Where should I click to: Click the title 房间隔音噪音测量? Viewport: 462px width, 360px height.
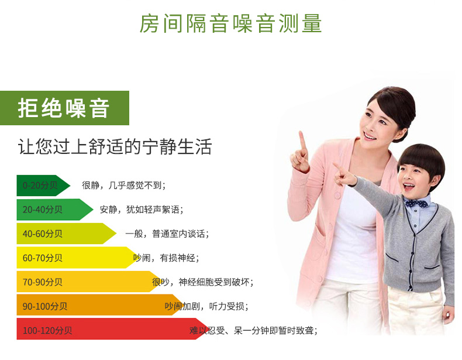click(x=230, y=23)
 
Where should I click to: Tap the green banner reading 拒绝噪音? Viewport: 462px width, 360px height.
click(x=64, y=108)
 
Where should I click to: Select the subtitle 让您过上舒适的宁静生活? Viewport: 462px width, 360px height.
click(x=115, y=146)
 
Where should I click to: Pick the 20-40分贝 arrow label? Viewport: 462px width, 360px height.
click(x=53, y=210)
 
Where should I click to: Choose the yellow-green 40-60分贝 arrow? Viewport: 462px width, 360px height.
click(x=64, y=234)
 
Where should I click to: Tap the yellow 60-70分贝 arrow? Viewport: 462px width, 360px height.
click(x=73, y=258)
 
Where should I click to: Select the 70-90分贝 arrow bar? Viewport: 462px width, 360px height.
click(x=85, y=282)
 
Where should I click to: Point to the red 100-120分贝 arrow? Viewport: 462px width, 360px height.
click(x=108, y=330)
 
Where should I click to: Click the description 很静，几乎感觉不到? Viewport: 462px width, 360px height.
click(x=123, y=186)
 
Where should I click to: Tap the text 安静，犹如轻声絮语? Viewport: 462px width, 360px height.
click(x=141, y=210)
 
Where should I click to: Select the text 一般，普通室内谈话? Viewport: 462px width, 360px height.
click(x=167, y=234)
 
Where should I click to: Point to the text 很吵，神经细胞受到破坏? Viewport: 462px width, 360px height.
click(x=202, y=282)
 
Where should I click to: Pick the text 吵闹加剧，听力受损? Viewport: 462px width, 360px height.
click(x=206, y=306)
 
